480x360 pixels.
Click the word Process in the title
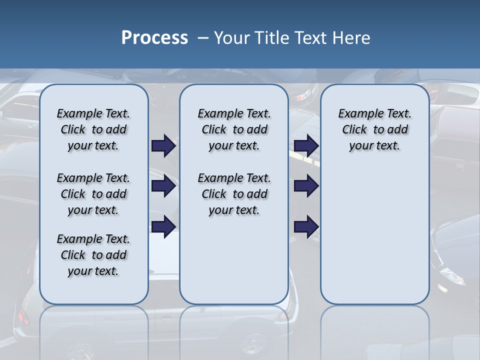click(x=154, y=37)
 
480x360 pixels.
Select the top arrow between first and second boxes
click(x=163, y=145)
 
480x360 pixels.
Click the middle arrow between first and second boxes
click(x=163, y=186)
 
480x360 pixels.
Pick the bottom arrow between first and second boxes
click(x=163, y=227)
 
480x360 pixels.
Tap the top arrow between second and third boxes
click(x=306, y=145)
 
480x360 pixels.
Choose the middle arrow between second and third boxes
click(x=306, y=186)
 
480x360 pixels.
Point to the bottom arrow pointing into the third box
click(x=306, y=227)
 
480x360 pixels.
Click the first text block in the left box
click(x=93, y=129)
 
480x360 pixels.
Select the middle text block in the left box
click(x=93, y=194)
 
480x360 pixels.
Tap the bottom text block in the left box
click(x=93, y=255)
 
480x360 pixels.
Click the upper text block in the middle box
click(x=234, y=129)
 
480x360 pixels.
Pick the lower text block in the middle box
click(x=234, y=194)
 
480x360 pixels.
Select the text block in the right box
click(x=374, y=129)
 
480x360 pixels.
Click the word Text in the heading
click(x=310, y=37)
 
